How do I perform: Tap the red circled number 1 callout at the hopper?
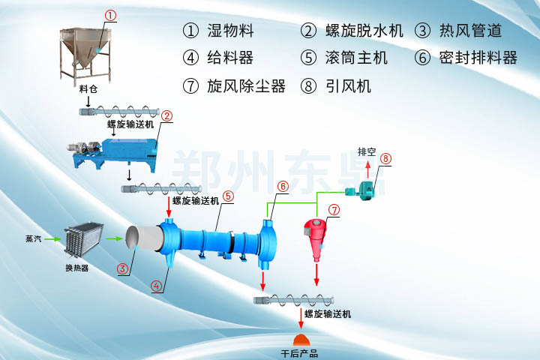(x=110, y=14)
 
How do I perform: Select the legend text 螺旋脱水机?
(x=364, y=31)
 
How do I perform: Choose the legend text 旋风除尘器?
(x=247, y=85)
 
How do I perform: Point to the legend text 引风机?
(x=349, y=85)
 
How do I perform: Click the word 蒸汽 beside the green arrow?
(x=33, y=239)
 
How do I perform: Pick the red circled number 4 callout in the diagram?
(x=155, y=286)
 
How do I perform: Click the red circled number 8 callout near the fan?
(x=385, y=158)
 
